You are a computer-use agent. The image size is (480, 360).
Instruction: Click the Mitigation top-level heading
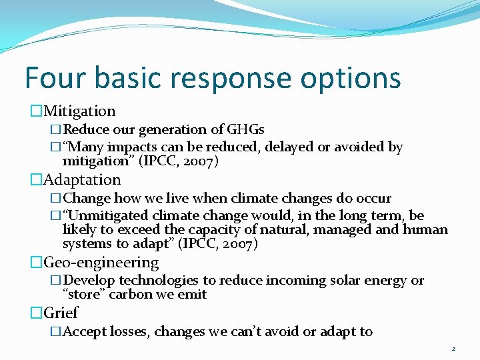click(x=79, y=111)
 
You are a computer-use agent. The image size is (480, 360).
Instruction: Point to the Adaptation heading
click(x=82, y=180)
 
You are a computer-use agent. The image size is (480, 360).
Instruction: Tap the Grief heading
click(x=61, y=313)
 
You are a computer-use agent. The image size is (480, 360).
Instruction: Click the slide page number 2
click(x=453, y=349)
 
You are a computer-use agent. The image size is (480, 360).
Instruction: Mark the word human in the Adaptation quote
click(x=428, y=230)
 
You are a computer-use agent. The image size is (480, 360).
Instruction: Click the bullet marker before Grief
click(x=36, y=313)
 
